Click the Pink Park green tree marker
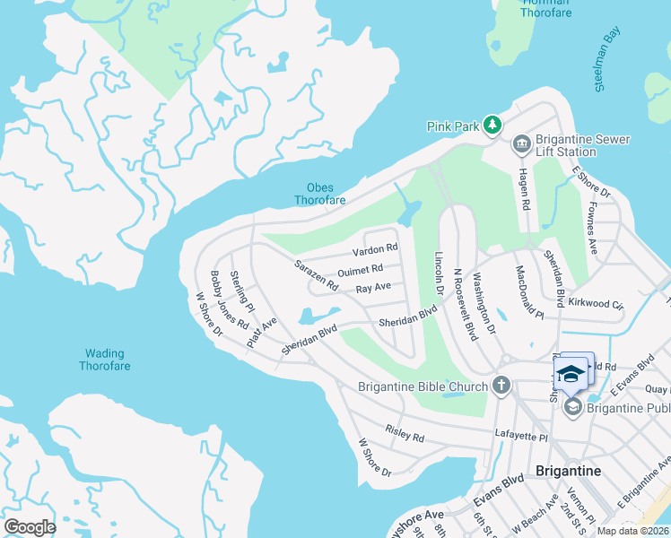[x=492, y=126]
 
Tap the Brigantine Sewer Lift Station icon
[x=520, y=144]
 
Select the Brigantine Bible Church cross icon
[x=501, y=386]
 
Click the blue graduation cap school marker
[x=571, y=373]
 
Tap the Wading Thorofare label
[x=104, y=360]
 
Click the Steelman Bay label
[x=607, y=60]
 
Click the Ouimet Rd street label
[x=361, y=269]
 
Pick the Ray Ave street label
[x=373, y=289]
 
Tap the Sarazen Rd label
[x=317, y=275]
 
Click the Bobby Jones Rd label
[x=229, y=299]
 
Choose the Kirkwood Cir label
[x=596, y=303]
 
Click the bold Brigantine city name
[x=567, y=471]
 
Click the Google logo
[x=30, y=526]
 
